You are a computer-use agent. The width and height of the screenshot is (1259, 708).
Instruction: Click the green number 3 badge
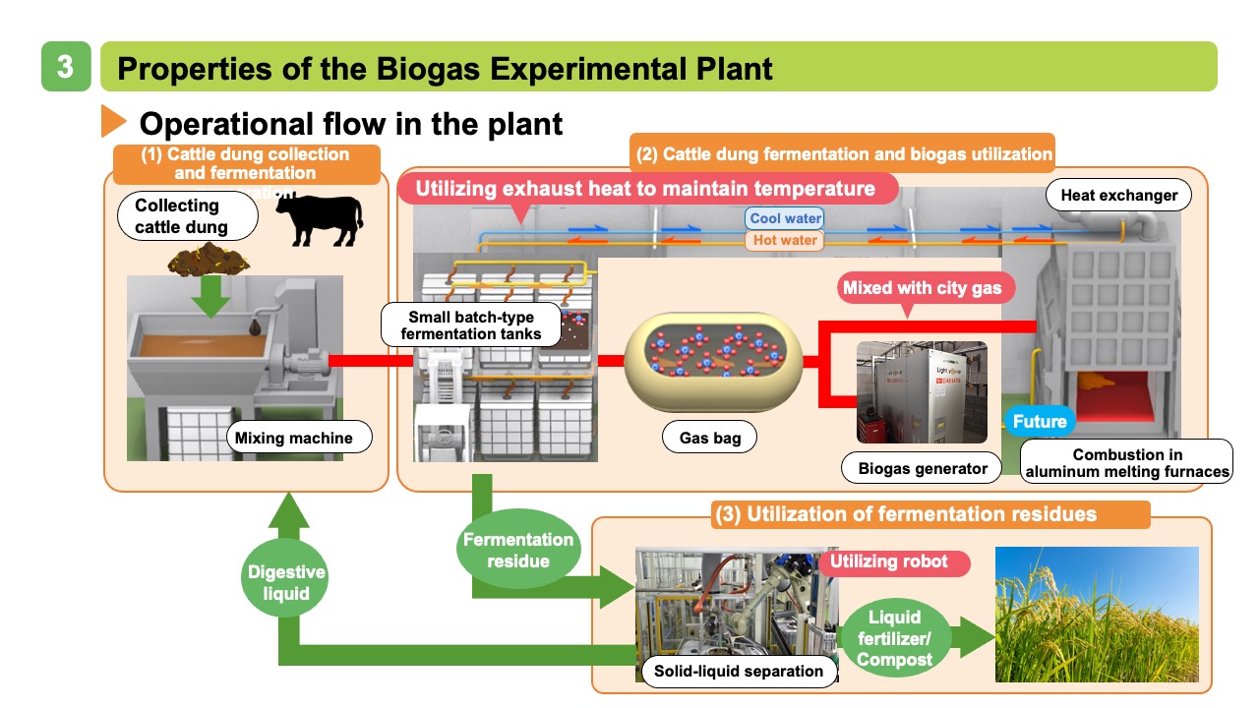[x=66, y=67]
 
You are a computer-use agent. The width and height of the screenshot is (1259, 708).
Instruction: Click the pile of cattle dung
[x=208, y=261]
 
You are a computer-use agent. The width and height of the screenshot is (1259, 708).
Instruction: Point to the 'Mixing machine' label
[x=294, y=438]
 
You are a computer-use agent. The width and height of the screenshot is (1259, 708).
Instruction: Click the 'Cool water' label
[x=785, y=218]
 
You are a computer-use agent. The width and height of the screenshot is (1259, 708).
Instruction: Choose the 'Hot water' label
[x=785, y=240]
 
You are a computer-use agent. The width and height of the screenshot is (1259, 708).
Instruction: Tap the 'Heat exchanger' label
[x=1118, y=195]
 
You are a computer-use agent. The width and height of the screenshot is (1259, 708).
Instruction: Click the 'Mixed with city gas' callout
[x=922, y=289]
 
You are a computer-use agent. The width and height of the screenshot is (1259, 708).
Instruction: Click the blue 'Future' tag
[x=1039, y=422]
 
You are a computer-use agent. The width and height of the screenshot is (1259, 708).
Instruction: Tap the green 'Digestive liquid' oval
[x=286, y=583]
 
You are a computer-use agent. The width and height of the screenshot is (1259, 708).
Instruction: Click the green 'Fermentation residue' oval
[x=517, y=550]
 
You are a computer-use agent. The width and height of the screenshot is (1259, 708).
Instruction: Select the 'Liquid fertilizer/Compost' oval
[x=895, y=638]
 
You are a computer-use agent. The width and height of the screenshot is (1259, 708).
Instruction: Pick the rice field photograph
[x=1097, y=615]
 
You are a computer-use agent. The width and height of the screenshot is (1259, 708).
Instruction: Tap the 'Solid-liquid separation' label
[x=739, y=671]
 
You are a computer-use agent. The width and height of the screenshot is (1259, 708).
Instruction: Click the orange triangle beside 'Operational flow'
[x=114, y=122]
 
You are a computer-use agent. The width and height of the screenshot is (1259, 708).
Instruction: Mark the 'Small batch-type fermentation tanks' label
[x=470, y=325]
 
